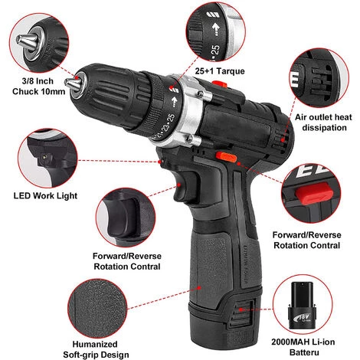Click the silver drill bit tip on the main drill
tap(73, 83)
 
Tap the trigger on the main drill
tap(185, 185)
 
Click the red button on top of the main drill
tap(220, 83)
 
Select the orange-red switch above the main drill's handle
tap(226, 156)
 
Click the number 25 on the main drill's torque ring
tap(171, 119)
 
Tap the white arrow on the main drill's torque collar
tap(175, 101)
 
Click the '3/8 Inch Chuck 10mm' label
tap(38, 87)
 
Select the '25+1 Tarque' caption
tap(220, 71)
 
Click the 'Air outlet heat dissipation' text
tap(324, 123)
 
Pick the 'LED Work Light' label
tap(45, 196)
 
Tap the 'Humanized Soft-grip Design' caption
tap(96, 349)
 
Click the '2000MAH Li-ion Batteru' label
tap(303, 347)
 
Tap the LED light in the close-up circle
tap(45, 157)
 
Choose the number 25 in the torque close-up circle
tap(215, 50)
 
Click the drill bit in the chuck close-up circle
tap(27, 41)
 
